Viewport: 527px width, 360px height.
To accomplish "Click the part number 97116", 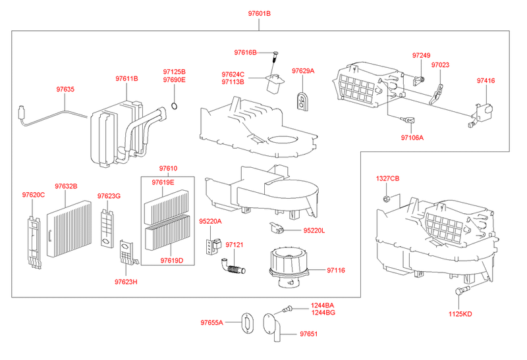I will [x=336, y=270].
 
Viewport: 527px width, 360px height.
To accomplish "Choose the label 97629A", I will [x=303, y=70].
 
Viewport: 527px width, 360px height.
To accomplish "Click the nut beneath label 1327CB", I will [x=387, y=198].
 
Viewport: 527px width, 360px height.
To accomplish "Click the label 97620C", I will [x=33, y=195].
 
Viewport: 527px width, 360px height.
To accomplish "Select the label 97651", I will [x=308, y=334].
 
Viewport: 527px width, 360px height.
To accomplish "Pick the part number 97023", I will [x=441, y=65].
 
